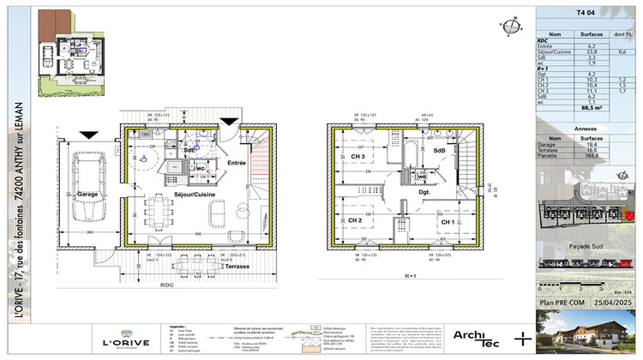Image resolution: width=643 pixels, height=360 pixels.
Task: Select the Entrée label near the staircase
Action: (x=237, y=162)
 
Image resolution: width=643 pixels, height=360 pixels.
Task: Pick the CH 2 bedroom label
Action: (x=354, y=220)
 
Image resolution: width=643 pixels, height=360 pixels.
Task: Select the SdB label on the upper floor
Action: (x=439, y=150)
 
